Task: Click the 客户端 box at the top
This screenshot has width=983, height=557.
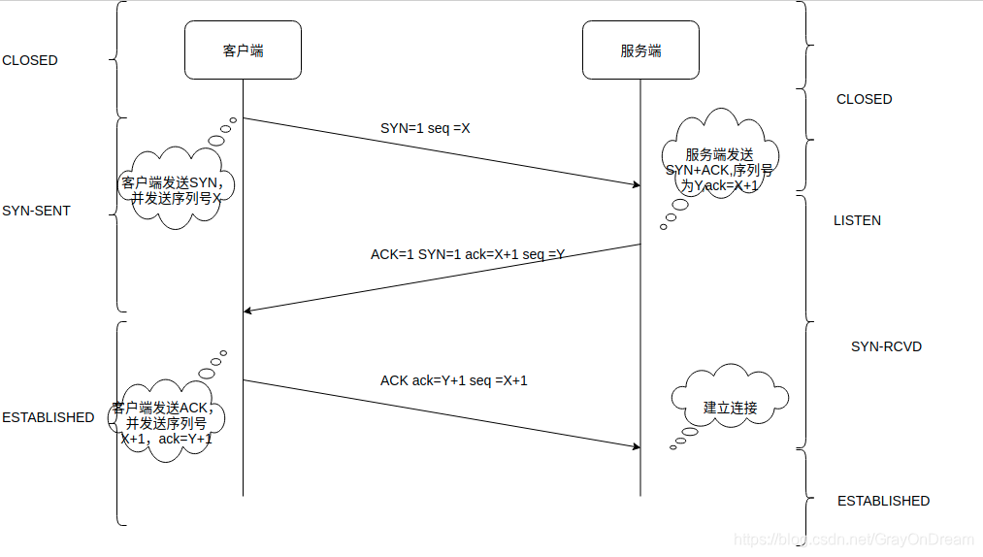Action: point(243,50)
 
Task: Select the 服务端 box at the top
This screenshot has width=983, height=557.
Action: point(640,50)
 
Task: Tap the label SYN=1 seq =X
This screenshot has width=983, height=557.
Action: point(425,128)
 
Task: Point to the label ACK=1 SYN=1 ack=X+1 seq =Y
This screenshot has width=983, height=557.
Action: point(468,254)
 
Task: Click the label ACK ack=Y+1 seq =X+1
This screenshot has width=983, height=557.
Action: point(454,380)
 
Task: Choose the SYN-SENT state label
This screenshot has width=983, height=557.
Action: point(37,211)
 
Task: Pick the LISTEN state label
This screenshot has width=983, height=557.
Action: point(857,220)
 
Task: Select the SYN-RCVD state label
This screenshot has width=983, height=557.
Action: point(886,346)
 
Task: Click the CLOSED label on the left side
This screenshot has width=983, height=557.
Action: point(30,60)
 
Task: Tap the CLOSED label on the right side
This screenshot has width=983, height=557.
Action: point(864,99)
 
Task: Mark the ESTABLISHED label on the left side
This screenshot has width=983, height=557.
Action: point(49,417)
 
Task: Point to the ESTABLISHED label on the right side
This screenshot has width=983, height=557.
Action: point(883,501)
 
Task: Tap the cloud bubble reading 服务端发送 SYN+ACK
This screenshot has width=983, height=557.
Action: point(719,160)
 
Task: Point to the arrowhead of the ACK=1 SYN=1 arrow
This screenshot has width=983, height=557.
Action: point(248,311)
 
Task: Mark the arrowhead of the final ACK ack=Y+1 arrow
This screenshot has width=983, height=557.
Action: point(636,446)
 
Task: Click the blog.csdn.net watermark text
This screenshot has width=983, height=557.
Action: point(853,539)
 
